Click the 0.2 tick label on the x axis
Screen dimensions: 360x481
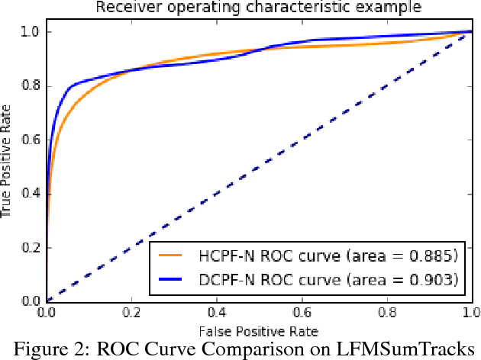131,313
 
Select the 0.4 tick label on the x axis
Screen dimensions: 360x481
217,313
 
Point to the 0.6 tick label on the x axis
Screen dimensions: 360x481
302,313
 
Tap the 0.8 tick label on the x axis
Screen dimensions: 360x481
386,313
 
